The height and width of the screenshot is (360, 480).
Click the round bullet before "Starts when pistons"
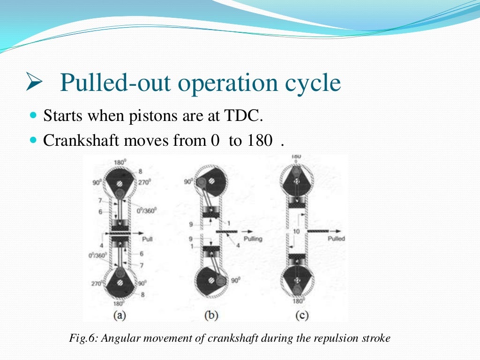point(33,115)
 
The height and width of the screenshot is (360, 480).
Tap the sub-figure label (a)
point(119,316)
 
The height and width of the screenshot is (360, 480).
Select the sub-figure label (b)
point(211,316)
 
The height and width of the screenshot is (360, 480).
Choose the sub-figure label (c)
point(301,316)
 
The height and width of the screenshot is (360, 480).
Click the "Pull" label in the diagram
point(148,239)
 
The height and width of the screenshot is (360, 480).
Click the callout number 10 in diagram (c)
point(296,231)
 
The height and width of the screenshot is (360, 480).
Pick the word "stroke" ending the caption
point(377,338)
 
